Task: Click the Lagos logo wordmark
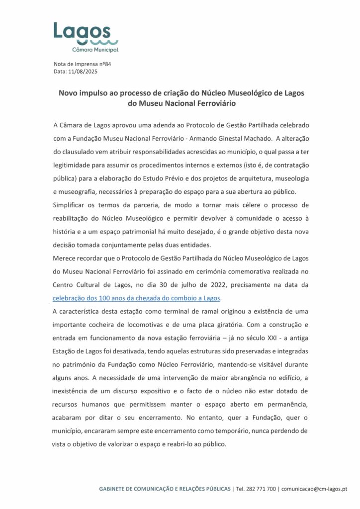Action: click(82, 32)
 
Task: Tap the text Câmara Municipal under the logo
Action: click(95, 50)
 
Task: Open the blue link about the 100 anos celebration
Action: click(136, 298)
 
